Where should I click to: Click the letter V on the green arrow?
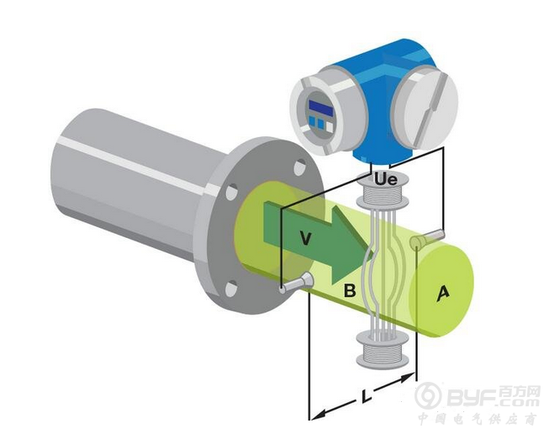306,238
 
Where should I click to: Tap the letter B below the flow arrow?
350,291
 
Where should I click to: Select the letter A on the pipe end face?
442,294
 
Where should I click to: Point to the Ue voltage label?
386,179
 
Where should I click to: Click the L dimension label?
367,396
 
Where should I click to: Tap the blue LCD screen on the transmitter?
320,107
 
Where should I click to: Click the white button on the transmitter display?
330,126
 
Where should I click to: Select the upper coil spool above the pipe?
383,194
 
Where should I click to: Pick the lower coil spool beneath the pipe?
383,351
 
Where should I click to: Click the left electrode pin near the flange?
297,283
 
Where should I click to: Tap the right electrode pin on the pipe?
427,238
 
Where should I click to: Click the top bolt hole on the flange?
299,167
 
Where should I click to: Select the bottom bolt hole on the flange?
231,289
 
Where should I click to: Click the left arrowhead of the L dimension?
319,414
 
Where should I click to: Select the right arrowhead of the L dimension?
407,378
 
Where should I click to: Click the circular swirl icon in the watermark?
428,395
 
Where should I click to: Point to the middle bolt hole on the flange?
232,192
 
